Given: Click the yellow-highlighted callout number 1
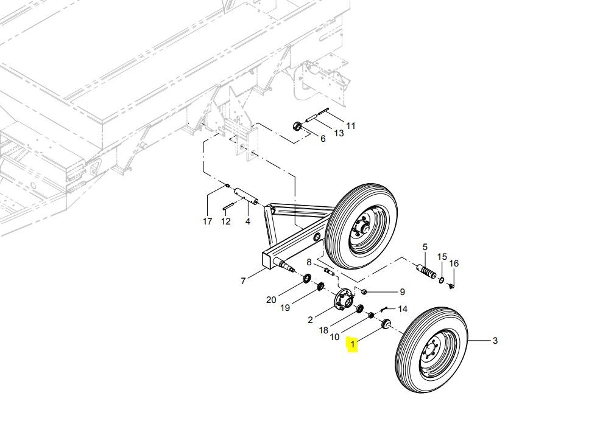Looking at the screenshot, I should coord(353,346).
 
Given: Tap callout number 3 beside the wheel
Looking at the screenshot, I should coord(495,341).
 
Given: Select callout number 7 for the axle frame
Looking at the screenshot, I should coord(243,281).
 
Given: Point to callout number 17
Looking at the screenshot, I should coord(208,221).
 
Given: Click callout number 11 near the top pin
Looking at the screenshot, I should coord(350,126).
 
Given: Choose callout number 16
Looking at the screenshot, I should coord(454,263).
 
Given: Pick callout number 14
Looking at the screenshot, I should coord(403,309).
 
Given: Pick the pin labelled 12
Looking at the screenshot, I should coord(229,206).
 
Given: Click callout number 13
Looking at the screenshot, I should coord(336,132).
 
